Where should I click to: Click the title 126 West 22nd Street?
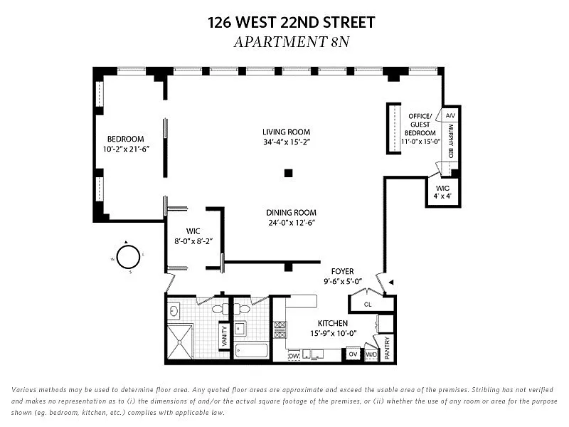click(292, 22)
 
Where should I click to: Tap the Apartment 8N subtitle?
click(292, 42)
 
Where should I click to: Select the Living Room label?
click(287, 132)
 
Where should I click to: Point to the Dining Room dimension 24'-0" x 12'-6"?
click(292, 223)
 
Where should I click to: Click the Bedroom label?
click(126, 139)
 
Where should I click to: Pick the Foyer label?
click(342, 271)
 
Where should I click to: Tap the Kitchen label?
click(333, 323)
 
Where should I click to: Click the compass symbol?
click(128, 256)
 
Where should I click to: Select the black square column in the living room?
click(288, 173)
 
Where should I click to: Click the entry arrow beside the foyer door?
click(390, 282)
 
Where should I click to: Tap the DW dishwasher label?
click(294, 357)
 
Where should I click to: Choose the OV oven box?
click(353, 354)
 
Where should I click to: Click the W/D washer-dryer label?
click(371, 354)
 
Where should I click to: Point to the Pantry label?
click(387, 347)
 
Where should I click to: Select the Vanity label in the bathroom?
click(224, 336)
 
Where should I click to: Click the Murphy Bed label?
click(451, 141)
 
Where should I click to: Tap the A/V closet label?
click(450, 115)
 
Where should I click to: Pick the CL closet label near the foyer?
click(368, 305)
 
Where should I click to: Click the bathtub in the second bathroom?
click(251, 350)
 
